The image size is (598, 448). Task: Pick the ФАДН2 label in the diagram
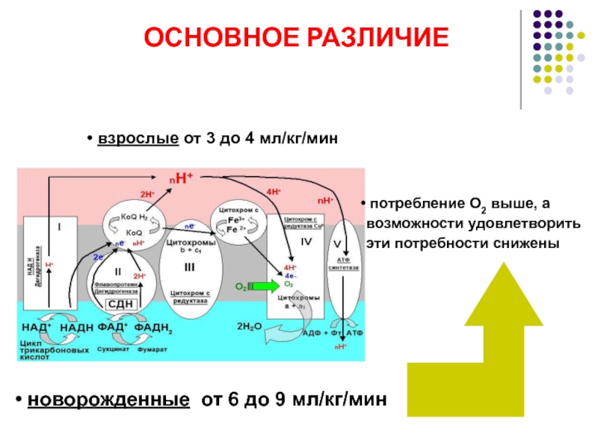click(160, 328)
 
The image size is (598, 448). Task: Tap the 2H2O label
click(248, 327)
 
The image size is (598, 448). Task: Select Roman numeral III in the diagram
click(189, 267)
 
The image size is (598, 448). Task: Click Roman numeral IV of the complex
click(305, 242)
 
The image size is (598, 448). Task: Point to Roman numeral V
click(337, 244)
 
